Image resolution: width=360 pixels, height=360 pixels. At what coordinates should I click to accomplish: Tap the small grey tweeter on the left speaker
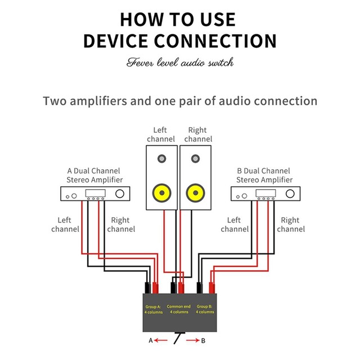(x=162, y=159)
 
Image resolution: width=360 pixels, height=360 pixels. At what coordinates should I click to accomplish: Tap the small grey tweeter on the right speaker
(x=195, y=159)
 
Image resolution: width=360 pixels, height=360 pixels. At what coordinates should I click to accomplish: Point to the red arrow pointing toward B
(x=195, y=340)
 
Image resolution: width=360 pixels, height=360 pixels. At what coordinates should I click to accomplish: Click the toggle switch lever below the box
(x=178, y=337)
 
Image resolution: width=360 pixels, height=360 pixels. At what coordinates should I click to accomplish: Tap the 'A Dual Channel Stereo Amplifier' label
(x=94, y=175)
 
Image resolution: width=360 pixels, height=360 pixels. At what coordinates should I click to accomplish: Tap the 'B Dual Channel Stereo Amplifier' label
(x=264, y=175)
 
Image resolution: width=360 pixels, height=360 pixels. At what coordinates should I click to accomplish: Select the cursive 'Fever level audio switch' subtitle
(x=179, y=62)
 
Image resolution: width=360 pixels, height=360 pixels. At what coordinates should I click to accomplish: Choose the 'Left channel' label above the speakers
(x=161, y=134)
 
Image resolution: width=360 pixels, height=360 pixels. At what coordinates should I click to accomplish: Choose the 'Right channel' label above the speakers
(x=198, y=134)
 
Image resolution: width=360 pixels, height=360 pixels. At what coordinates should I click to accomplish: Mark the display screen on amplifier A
(x=93, y=193)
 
